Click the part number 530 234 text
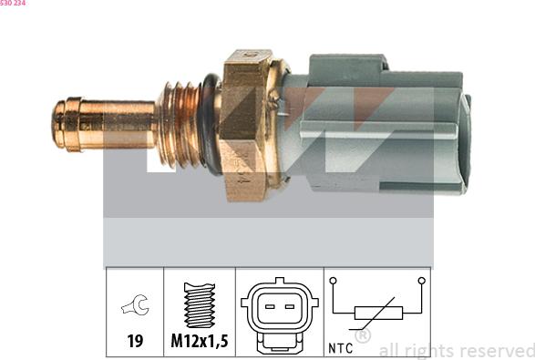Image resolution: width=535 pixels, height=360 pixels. point(13,3)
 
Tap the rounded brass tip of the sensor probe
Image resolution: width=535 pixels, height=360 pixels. point(58,125)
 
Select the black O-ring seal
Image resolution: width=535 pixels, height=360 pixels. point(210,125)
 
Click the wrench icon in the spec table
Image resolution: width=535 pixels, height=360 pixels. point(135,304)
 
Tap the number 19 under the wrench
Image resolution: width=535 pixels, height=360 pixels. point(135,341)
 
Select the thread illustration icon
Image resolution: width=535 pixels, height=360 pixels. point(200,304)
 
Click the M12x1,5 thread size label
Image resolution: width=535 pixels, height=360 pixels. point(200,341)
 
